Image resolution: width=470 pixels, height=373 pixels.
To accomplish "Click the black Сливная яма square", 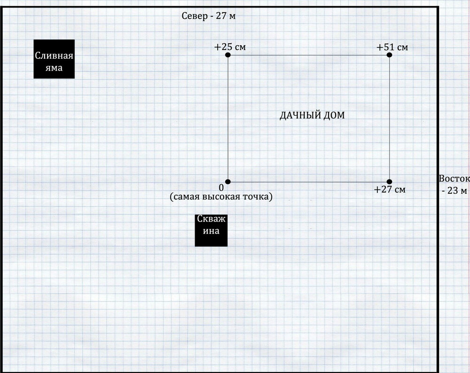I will [54, 59].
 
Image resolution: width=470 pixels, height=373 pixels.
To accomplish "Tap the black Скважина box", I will [211, 230].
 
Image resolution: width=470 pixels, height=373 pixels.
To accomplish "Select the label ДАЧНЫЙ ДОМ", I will [312, 115].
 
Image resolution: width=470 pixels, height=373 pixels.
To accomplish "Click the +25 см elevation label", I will [230, 48].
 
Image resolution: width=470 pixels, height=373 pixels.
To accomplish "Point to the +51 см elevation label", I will [392, 48].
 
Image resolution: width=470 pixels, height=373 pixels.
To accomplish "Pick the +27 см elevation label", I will [390, 190].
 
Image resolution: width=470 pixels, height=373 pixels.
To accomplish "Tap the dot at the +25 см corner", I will [228, 55].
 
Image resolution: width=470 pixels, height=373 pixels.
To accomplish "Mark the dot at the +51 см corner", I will [389, 55].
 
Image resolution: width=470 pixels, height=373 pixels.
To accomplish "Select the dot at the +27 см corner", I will [389, 182].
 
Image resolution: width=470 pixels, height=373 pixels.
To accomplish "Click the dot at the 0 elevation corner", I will [228, 182].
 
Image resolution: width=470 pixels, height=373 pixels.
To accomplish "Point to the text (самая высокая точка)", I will [221, 197].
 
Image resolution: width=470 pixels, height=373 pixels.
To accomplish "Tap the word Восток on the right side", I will [454, 179].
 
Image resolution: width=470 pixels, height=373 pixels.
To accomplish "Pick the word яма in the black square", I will [54, 68].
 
